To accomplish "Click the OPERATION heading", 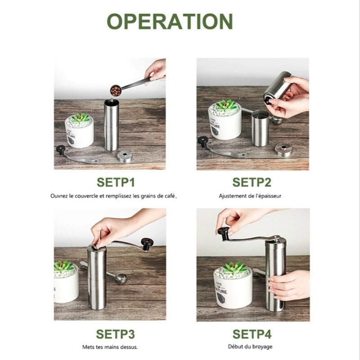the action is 170,21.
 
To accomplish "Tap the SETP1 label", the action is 116,182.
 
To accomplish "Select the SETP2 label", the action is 252,182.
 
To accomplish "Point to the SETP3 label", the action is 115,334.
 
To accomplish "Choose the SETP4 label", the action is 252,334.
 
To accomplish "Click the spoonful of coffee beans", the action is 116,90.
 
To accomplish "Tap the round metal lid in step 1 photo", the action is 125,156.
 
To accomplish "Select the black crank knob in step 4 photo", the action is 223,233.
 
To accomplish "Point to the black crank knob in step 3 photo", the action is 147,244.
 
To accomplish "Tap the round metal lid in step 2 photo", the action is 283,150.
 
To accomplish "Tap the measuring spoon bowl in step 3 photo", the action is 121,279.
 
